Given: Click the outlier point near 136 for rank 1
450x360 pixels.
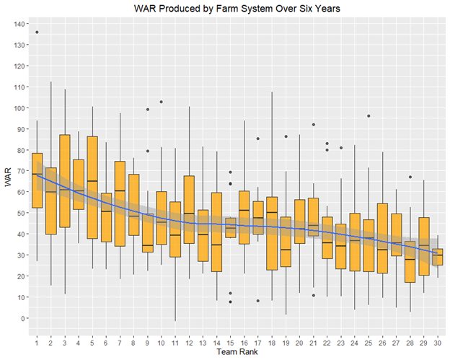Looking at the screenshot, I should (x=37, y=32).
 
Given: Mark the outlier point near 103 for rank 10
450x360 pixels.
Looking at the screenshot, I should (x=161, y=102).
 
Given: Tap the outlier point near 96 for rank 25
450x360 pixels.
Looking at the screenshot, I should (x=369, y=116).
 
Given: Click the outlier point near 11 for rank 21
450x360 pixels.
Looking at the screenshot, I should (x=313, y=295).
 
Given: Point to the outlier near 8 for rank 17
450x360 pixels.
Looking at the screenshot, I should (x=257, y=301).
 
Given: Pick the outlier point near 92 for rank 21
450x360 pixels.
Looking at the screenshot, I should (x=313, y=125).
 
